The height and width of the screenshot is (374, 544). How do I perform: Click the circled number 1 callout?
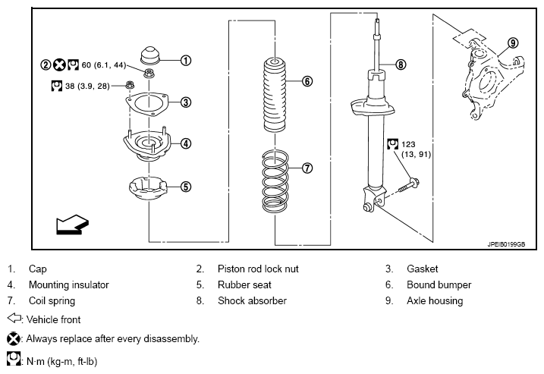pos(186,61)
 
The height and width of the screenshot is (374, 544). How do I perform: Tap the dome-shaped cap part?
pos(150,55)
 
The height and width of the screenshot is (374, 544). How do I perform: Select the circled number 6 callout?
pos(307,81)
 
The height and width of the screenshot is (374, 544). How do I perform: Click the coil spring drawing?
pos(275,181)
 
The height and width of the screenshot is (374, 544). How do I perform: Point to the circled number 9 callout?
pos(513,43)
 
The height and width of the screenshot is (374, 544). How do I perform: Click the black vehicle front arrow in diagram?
pos(73,225)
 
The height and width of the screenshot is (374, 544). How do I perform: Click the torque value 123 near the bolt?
pos(408,144)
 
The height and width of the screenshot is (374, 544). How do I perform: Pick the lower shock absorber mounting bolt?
pos(409,184)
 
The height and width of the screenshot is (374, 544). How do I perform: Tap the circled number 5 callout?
pos(186,187)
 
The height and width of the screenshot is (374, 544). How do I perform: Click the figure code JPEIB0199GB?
pos(506,244)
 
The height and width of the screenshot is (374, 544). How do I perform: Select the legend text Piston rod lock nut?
pos(258,269)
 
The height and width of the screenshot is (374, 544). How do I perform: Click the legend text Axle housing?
pos(435,301)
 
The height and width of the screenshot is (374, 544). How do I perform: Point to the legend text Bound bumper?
pos(439,284)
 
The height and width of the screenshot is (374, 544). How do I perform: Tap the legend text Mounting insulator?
pos(69,284)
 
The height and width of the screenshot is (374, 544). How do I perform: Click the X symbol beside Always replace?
pos(14,338)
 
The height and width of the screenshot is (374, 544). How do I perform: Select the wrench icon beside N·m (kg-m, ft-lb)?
pos(14,359)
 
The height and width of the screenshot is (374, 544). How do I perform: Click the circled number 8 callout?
pos(401,64)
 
